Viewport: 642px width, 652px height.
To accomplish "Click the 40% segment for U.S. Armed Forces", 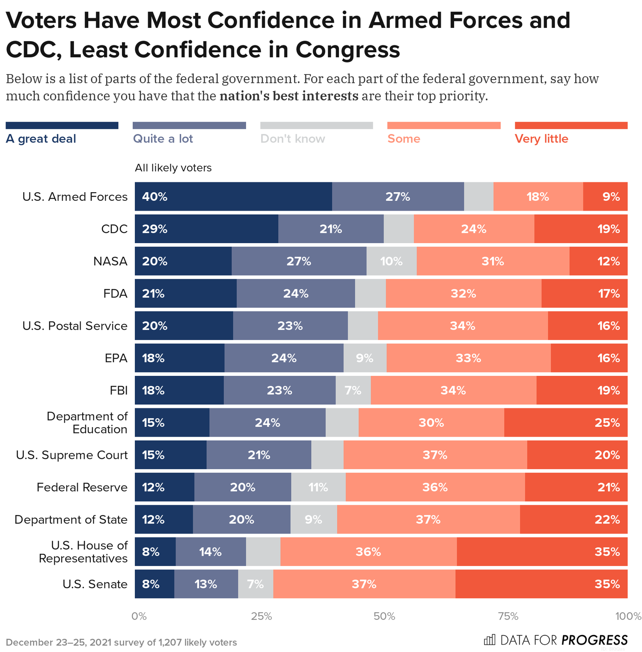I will [233, 196].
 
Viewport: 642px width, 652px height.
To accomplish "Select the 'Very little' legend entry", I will [541, 139].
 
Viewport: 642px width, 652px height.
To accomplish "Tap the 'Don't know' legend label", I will [293, 139].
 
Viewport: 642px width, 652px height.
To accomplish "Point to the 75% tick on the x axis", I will [508, 616].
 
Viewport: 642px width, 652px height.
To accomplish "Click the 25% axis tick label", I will [262, 616].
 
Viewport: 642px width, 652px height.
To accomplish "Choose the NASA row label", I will [110, 261].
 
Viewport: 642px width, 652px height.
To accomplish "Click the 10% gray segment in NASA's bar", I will [391, 261].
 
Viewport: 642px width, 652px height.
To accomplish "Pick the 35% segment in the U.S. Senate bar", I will [541, 584].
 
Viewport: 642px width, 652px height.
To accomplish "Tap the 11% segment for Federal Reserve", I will [318, 487].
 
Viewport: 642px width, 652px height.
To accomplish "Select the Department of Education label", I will [87, 423].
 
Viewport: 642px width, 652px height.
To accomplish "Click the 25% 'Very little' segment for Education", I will [565, 423].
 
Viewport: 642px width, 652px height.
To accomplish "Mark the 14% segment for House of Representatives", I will [210, 552].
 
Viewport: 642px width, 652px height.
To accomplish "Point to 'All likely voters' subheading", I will [173, 168].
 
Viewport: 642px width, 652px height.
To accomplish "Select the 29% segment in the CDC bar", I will [206, 229].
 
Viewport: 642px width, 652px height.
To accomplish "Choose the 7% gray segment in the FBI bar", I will [353, 390].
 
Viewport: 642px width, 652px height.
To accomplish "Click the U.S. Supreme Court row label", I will [71, 455].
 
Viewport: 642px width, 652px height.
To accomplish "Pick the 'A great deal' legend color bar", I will [62, 125].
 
